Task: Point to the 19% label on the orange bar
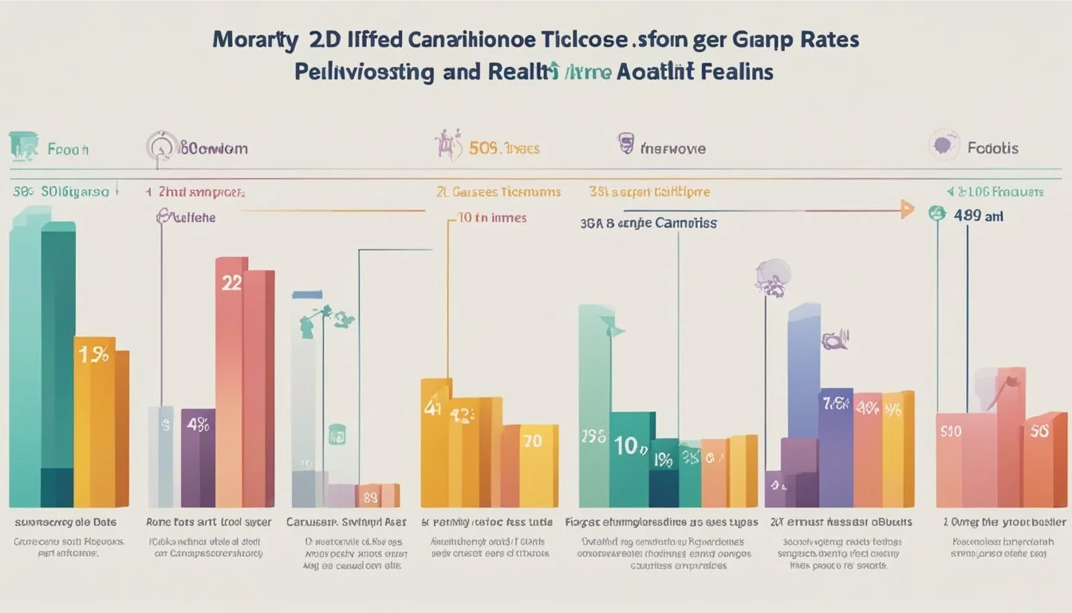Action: click(x=94, y=355)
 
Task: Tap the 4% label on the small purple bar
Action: click(x=197, y=425)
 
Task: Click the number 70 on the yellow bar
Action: click(x=532, y=440)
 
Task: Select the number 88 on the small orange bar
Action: click(x=370, y=496)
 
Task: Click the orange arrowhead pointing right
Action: click(x=906, y=211)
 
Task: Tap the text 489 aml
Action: click(x=978, y=216)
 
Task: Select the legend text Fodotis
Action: click(x=992, y=148)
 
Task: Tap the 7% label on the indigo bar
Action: click(x=834, y=403)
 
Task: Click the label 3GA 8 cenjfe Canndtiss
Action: click(x=648, y=223)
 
